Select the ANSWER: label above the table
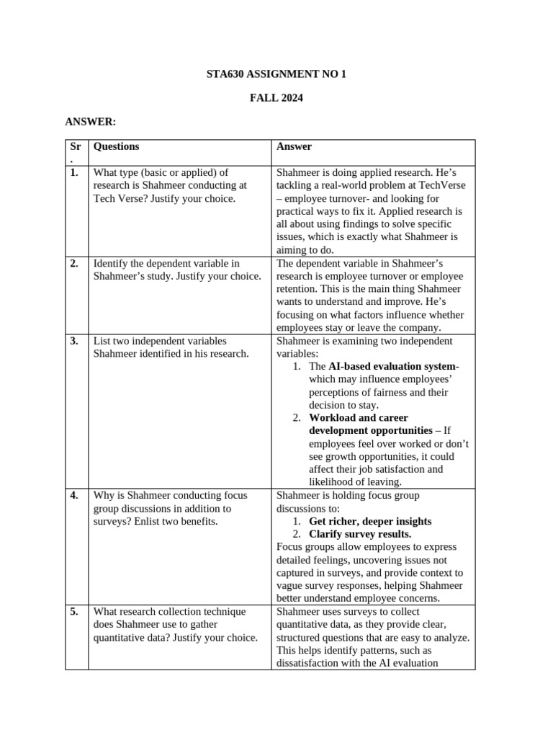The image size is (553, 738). click(91, 123)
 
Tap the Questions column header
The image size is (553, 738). click(116, 146)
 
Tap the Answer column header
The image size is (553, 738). click(294, 146)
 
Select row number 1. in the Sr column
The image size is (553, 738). click(75, 173)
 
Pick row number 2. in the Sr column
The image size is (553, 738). click(75, 264)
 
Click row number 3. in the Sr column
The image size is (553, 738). click(75, 341)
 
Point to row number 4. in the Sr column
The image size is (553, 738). click(75, 496)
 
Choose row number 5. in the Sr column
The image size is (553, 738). click(75, 612)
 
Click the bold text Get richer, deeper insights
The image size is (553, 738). click(370, 521)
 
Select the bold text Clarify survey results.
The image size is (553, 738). click(360, 534)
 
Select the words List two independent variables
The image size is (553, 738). click(160, 341)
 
